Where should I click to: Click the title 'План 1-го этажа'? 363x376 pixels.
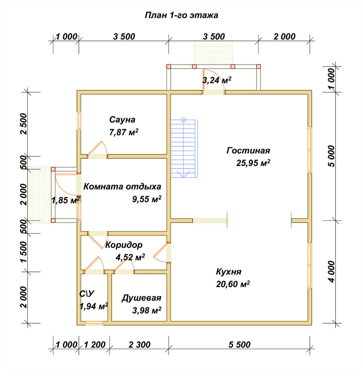pos(181,15)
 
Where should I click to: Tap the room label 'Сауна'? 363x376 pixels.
pos(122,120)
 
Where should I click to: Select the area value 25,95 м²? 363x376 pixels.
pos(253,163)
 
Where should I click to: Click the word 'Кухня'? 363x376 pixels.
pos(229,272)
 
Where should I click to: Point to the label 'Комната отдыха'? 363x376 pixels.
pos(122,186)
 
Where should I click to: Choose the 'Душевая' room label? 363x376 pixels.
pos(141,298)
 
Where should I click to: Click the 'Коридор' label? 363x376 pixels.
pos(124,245)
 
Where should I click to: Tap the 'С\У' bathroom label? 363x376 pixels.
pos(87,294)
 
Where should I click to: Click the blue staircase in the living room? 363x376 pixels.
pos(184,148)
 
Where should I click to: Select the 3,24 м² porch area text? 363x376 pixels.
pos(217,80)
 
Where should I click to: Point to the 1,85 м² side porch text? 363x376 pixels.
pos(66,200)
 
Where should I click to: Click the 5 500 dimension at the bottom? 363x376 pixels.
pos(240,345)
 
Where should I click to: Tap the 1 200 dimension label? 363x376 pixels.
pos(94,345)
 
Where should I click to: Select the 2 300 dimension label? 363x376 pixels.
pos(140,345)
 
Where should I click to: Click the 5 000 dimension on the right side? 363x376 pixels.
pos(331,156)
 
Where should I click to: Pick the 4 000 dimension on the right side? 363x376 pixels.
pos(331,272)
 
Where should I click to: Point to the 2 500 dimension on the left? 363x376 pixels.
pos(24,124)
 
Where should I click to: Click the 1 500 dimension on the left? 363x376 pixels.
pos(24,252)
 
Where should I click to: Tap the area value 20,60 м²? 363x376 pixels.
pos(233,284)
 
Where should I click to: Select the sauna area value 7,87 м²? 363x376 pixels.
pos(124,132)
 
